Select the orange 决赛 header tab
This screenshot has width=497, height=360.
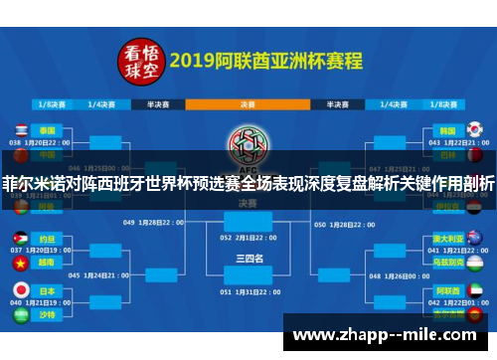click(x=247, y=101)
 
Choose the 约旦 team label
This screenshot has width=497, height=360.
click(x=48, y=240)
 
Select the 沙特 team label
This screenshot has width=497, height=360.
click(x=48, y=313)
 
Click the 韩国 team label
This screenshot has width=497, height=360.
click(x=449, y=130)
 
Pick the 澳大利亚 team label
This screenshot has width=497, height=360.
click(x=448, y=240)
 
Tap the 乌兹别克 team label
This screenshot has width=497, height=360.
click(x=448, y=264)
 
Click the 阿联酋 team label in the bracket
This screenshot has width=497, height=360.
click(x=448, y=289)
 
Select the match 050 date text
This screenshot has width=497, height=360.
click(x=344, y=224)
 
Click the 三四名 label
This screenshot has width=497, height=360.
click(x=248, y=258)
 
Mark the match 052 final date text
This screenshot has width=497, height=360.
click(x=248, y=239)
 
